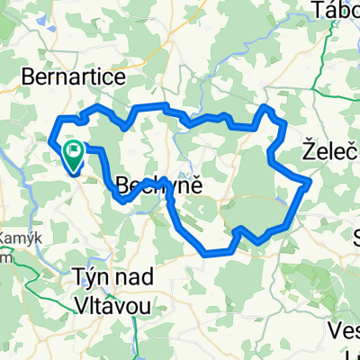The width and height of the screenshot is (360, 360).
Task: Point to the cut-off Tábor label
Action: point(335,10)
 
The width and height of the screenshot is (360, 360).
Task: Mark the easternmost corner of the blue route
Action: point(310,183)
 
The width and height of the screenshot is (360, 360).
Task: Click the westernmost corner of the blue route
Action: point(48,139)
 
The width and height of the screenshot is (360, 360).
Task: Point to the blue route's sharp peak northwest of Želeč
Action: point(266,107)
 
